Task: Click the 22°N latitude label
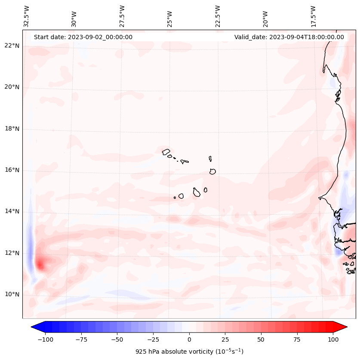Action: pyautogui.click(x=12, y=46)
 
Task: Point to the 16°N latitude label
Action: pyautogui.click(x=12, y=170)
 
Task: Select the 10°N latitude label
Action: pyautogui.click(x=12, y=294)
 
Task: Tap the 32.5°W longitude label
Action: pyautogui.click(x=27, y=16)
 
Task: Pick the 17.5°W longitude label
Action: pyautogui.click(x=313, y=16)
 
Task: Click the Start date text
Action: pyautogui.click(x=83, y=37)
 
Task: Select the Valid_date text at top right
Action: pyautogui.click(x=289, y=37)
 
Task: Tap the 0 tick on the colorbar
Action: pyautogui.click(x=189, y=339)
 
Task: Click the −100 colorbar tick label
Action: pyautogui.click(x=45, y=339)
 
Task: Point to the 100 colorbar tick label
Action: pyautogui.click(x=333, y=339)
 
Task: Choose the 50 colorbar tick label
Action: pyautogui.click(x=261, y=339)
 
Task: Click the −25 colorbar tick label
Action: pyautogui.click(x=153, y=339)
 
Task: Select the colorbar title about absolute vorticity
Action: pyautogui.click(x=189, y=352)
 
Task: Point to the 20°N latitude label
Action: pyautogui.click(x=12, y=87)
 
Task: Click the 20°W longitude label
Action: pyautogui.click(x=265, y=16)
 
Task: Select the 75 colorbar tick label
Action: pyautogui.click(x=297, y=339)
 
